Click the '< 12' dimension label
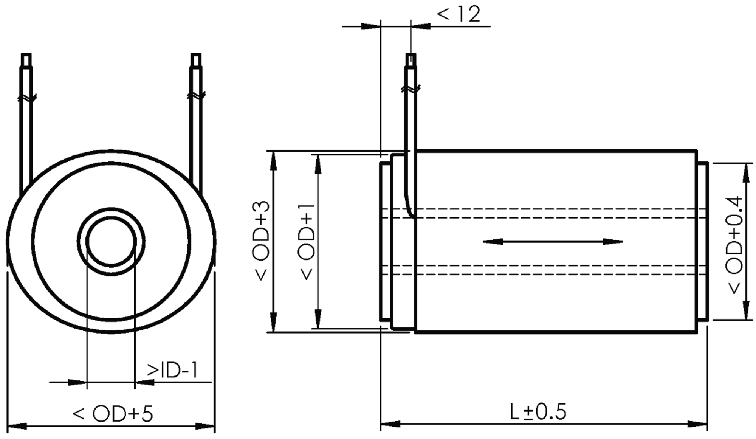[458, 14]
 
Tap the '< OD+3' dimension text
[262, 241]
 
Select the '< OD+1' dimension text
[307, 241]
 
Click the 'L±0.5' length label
[538, 412]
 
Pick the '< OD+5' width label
[113, 414]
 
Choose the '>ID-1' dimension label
[173, 371]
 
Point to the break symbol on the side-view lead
[411, 89]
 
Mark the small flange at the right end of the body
[703, 242]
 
